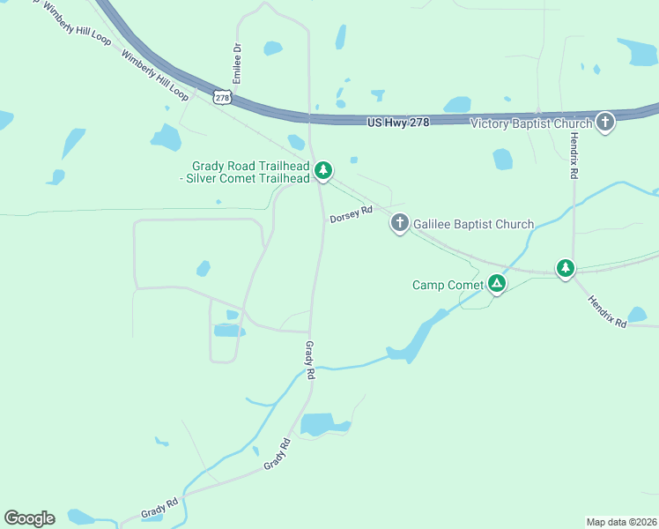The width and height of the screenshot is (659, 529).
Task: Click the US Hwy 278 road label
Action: click(x=398, y=122)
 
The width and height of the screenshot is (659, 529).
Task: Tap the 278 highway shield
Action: click(x=222, y=96)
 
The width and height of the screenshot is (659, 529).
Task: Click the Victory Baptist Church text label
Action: click(x=530, y=123)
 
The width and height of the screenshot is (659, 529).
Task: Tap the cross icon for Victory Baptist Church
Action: click(x=605, y=122)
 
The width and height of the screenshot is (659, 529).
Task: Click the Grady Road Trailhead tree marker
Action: click(x=323, y=170)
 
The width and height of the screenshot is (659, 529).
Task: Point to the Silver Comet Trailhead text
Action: click(x=251, y=178)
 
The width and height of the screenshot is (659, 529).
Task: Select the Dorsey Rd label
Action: click(x=352, y=214)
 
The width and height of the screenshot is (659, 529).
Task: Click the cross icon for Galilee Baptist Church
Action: click(x=399, y=224)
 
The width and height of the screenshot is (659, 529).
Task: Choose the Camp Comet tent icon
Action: click(x=497, y=284)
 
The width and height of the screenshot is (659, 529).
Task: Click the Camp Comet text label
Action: click(x=448, y=285)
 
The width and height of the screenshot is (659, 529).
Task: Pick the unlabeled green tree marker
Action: click(x=565, y=268)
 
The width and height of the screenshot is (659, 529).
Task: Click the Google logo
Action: click(x=29, y=518)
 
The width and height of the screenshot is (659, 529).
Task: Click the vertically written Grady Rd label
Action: click(x=310, y=360)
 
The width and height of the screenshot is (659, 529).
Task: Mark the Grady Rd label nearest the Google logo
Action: click(x=159, y=509)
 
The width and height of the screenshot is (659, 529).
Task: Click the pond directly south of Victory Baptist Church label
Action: click(x=502, y=159)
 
